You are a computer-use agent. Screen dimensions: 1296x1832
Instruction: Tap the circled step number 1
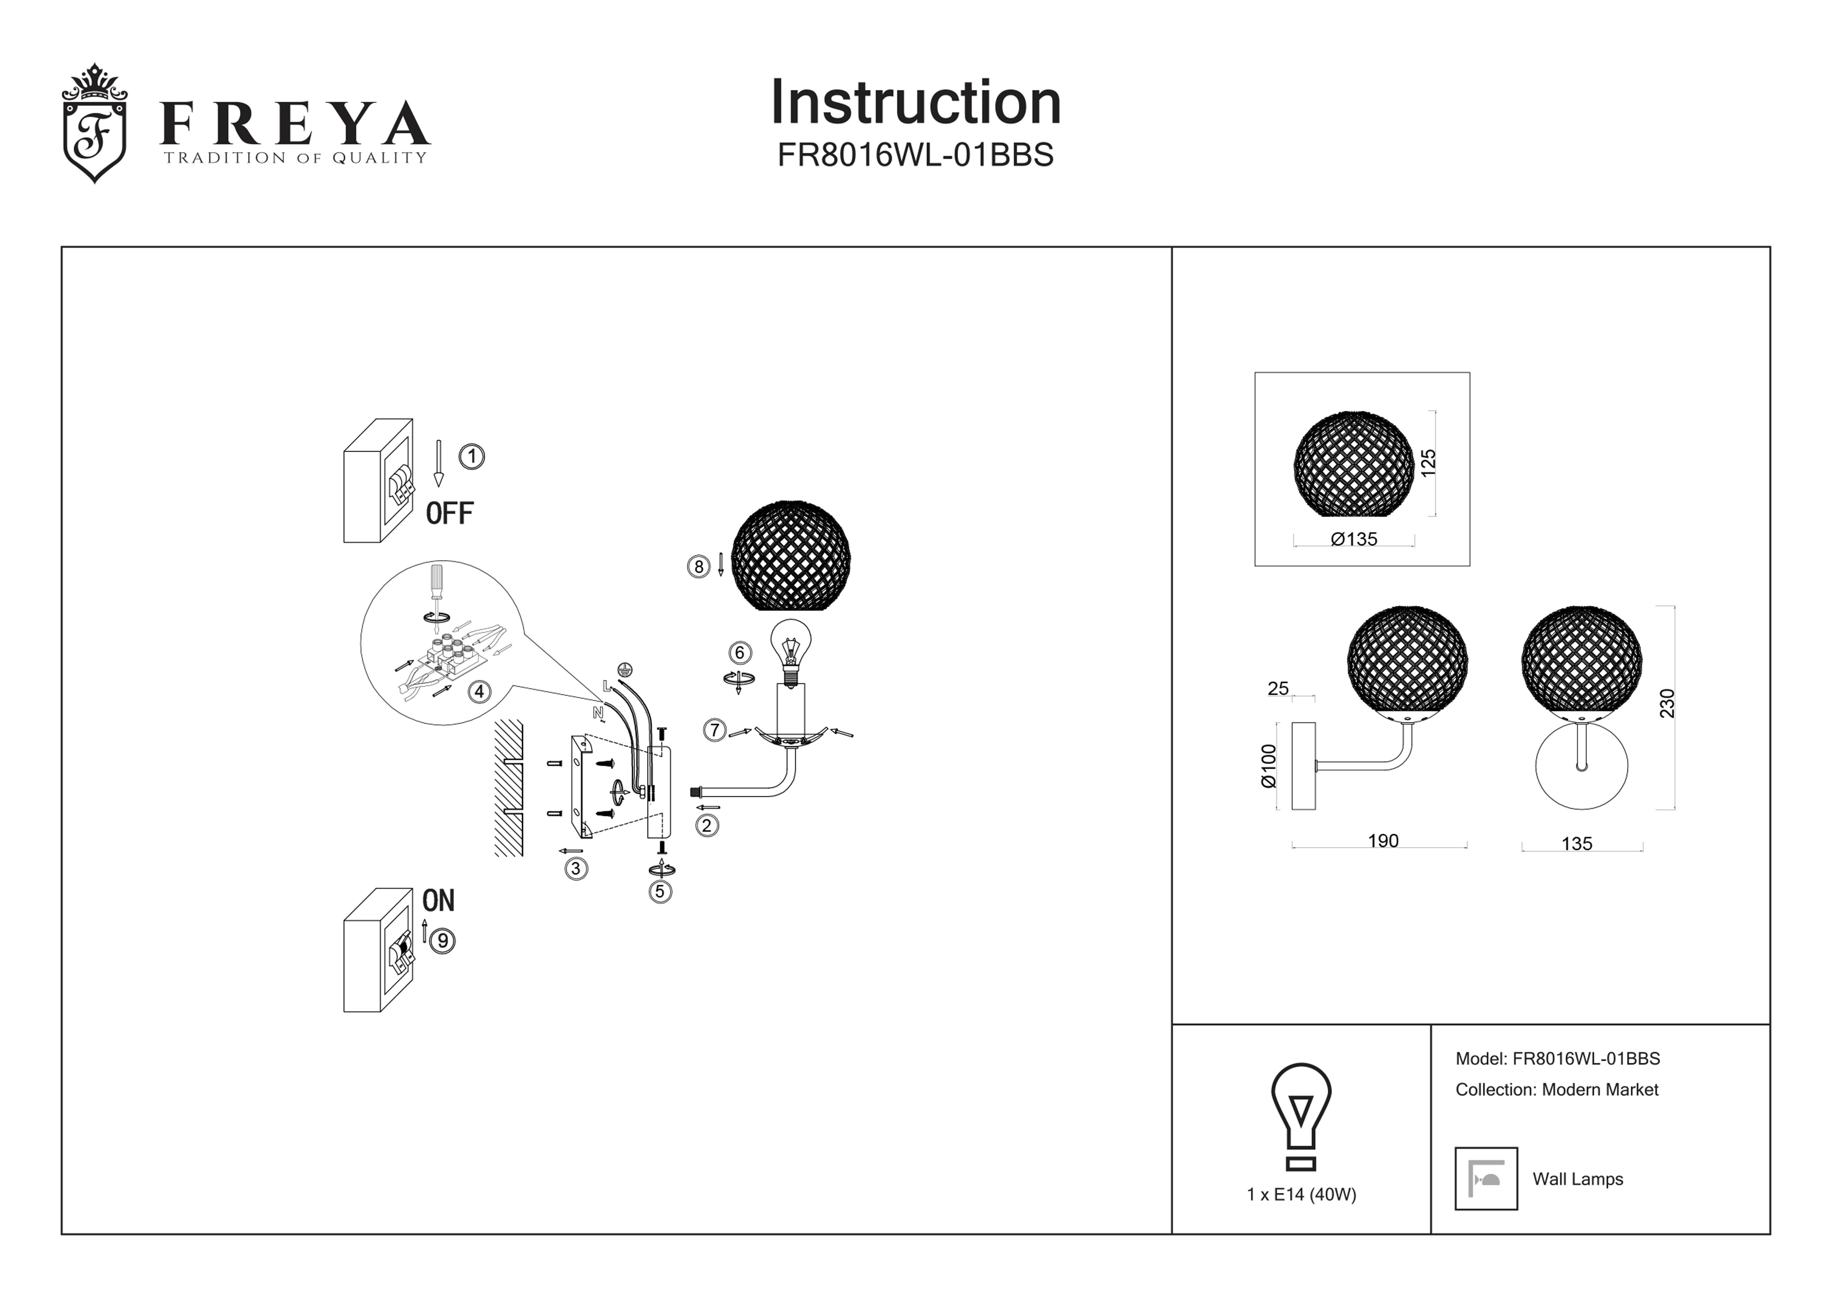pos(471,457)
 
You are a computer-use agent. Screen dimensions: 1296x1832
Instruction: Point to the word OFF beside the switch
pos(449,513)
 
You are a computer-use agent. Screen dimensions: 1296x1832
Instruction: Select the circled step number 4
pos(479,692)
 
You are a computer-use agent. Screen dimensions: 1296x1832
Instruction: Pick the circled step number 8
pos(698,567)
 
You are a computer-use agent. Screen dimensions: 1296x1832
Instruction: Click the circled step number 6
pos(740,653)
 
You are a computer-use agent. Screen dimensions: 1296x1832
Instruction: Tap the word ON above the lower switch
pos(438,901)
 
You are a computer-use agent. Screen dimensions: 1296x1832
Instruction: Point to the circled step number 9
pos(442,941)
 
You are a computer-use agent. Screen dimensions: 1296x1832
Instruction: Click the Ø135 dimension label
pos(1354,539)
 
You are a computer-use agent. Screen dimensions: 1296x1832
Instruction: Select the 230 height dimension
pos(1667,703)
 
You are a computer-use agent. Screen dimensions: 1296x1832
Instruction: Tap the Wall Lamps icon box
pos(1486,1179)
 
